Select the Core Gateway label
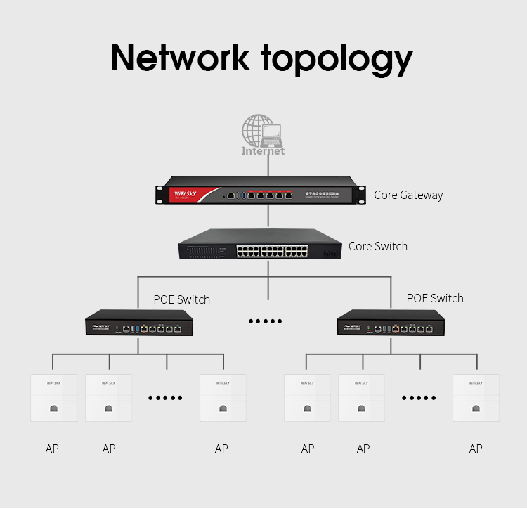point(408,195)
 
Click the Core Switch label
point(378,246)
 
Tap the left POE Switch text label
point(182,299)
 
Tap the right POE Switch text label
point(435,298)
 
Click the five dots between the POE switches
point(266,321)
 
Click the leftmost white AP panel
point(53,398)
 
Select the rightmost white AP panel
point(476,398)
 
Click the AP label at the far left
point(52,449)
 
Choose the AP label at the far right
point(476,449)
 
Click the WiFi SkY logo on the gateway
point(181,191)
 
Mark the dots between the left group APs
point(165,398)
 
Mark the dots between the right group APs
point(419,398)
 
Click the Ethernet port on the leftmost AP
point(53,408)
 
